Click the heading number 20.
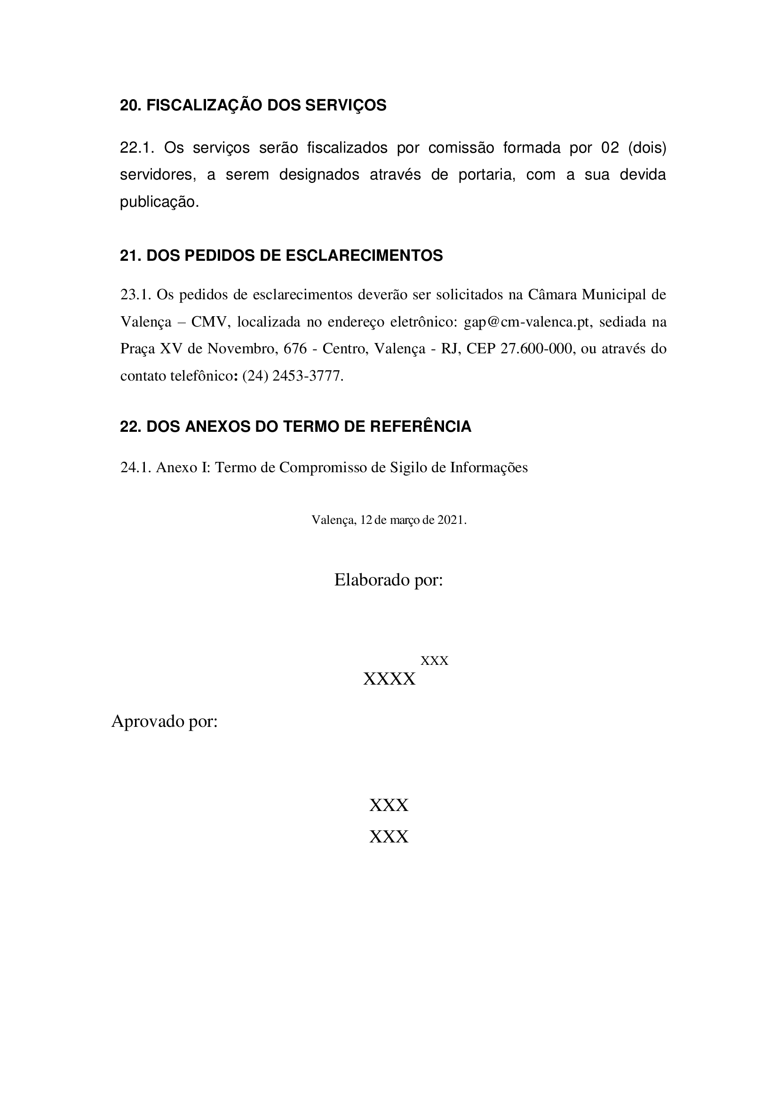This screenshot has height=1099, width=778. pyautogui.click(x=130, y=105)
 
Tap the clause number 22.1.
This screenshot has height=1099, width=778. pyautogui.click(x=137, y=148)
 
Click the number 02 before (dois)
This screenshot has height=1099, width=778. pyautogui.click(x=610, y=148)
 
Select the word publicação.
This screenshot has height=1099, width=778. pyautogui.click(x=159, y=202)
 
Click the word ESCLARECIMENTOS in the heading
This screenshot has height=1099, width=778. pyautogui.click(x=364, y=256)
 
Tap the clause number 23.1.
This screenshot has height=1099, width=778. pyautogui.click(x=136, y=295)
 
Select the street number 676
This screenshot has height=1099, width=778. pyautogui.click(x=294, y=349)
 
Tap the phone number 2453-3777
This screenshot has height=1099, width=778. pyautogui.click(x=308, y=376)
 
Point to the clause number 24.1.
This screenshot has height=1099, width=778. pyautogui.click(x=136, y=467)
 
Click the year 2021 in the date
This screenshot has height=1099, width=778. pyautogui.click(x=450, y=520)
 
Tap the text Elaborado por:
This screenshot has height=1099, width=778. pyautogui.click(x=389, y=580)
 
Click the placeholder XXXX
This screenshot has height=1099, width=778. pyautogui.click(x=389, y=679)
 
